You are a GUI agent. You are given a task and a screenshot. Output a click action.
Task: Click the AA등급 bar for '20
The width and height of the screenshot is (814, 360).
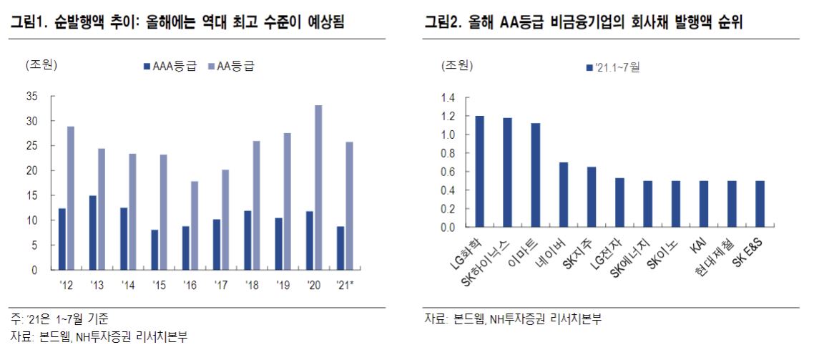(318, 188)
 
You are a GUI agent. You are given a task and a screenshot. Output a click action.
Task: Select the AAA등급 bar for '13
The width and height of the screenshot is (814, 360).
(92, 233)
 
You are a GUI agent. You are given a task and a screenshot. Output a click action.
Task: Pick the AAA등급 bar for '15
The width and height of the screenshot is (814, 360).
(155, 250)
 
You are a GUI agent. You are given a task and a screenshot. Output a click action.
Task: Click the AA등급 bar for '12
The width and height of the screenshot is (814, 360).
(70, 198)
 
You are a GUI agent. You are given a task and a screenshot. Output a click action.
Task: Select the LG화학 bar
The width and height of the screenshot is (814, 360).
(479, 172)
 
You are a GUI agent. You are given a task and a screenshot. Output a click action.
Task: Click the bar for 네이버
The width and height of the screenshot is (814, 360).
(564, 195)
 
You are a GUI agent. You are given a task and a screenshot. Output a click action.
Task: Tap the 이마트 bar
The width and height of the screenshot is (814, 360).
(536, 175)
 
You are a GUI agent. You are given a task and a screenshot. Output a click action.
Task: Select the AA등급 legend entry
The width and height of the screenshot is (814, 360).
(230, 66)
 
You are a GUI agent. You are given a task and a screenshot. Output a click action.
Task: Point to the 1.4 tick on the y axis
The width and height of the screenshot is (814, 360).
(448, 97)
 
